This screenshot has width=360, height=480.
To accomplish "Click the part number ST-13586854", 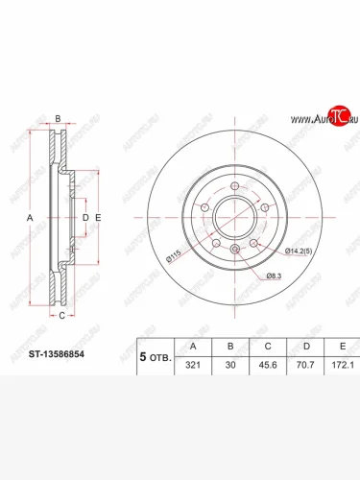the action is click(57, 354).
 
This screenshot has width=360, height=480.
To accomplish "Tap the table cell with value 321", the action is click(193, 365).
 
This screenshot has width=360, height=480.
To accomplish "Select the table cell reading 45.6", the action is click(268, 365).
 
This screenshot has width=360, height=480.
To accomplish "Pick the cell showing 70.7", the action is click(305, 365).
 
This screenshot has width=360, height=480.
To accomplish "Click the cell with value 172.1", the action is click(343, 365).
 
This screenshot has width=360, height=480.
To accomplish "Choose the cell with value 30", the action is click(230, 365).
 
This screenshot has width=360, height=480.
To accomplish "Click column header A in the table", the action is click(193, 347).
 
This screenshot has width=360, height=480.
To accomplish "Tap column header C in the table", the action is click(268, 347).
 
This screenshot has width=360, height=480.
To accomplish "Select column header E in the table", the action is click(343, 347).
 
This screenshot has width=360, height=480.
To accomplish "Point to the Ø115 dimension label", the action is click(174, 256).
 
